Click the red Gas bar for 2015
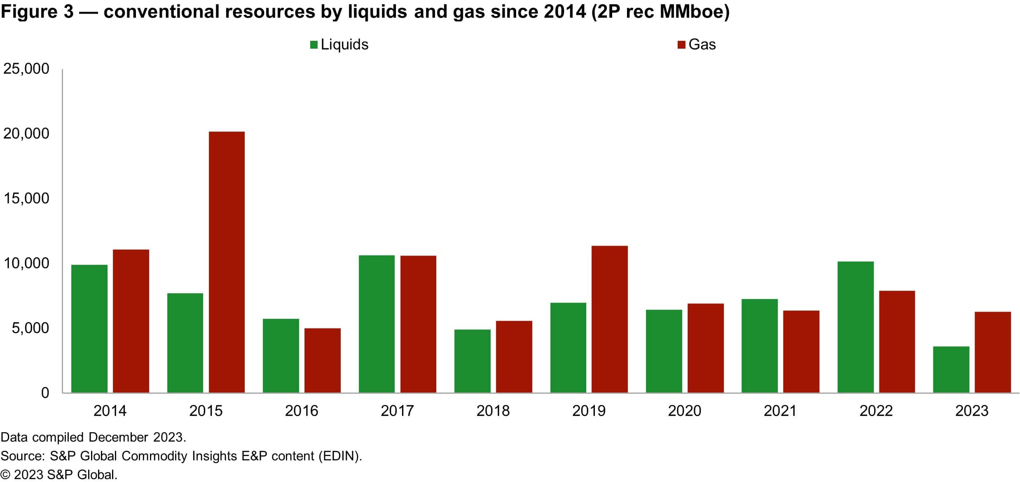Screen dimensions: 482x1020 click(227, 262)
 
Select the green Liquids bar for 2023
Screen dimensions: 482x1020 click(951, 369)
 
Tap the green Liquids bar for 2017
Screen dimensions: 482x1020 click(377, 324)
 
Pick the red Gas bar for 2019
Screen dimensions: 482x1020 click(609, 319)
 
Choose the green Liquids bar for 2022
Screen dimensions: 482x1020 click(855, 327)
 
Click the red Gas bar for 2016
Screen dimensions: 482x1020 click(322, 360)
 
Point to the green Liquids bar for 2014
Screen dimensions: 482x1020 click(89, 329)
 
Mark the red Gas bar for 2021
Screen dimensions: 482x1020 click(801, 351)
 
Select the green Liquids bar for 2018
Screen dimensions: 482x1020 click(472, 361)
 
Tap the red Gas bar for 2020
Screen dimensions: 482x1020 click(705, 348)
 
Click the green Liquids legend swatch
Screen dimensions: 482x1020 click(313, 45)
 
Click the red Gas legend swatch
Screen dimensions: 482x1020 click(681, 45)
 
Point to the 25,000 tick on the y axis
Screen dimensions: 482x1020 click(26, 69)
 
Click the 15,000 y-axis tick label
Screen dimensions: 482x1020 click(26, 199)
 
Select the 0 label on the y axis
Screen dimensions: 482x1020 click(45, 393)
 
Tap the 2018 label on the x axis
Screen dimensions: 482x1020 click(493, 411)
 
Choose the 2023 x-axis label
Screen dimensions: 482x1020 click(971, 411)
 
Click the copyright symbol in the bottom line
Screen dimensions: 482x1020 click(5, 475)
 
